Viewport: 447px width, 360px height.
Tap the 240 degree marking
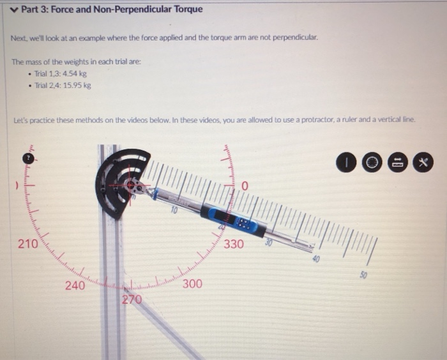pyautogui.click(x=75, y=286)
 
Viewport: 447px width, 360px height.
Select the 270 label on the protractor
pyautogui.click(x=132, y=299)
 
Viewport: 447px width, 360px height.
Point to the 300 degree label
pyautogui.click(x=192, y=284)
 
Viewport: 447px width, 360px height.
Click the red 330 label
pyautogui.click(x=233, y=244)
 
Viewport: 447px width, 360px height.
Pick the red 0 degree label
pyautogui.click(x=244, y=186)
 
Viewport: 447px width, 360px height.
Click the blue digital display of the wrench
pyautogui.click(x=242, y=220)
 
